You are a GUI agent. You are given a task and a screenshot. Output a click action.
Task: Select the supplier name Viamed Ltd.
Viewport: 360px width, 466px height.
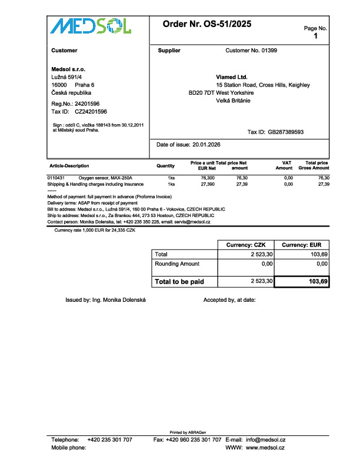[232, 77]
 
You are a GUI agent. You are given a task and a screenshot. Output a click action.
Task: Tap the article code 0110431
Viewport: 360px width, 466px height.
[56, 178]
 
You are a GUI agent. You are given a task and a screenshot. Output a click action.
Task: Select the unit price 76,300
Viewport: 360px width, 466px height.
[208, 178]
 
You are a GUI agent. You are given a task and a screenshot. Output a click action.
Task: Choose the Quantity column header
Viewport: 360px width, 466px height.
[165, 166]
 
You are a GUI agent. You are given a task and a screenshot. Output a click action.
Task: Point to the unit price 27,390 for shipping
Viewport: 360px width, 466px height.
[208, 184]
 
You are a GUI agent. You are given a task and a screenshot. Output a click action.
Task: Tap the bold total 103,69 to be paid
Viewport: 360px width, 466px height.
[318, 282]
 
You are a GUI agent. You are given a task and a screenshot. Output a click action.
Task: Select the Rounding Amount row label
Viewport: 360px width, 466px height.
[176, 264]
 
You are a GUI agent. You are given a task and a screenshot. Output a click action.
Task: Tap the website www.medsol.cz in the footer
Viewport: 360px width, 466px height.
[265, 448]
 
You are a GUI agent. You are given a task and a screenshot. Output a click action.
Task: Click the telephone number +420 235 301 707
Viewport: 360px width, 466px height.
[109, 440]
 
